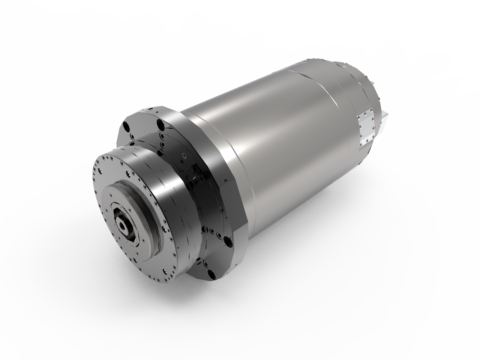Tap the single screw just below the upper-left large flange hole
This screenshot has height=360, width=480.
point(132,137)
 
